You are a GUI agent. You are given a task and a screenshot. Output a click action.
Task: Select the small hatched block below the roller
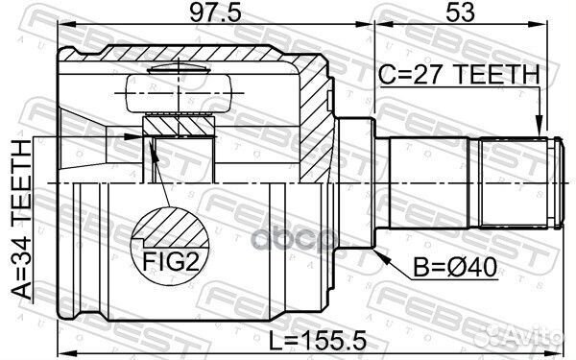coord(179,125)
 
